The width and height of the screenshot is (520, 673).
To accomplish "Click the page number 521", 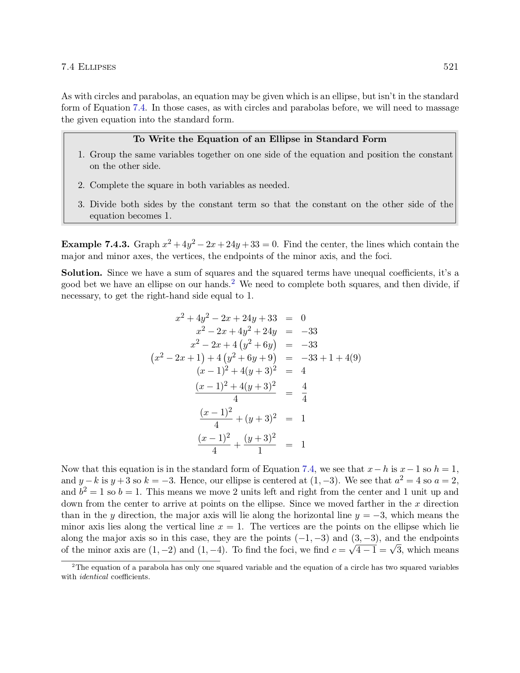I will click(x=451, y=67).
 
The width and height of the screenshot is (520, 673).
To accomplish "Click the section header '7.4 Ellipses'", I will click(x=89, y=67).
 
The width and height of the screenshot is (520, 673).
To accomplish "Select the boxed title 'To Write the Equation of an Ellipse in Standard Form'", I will click(x=260, y=139).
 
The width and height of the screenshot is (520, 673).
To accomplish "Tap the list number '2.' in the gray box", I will click(x=81, y=186).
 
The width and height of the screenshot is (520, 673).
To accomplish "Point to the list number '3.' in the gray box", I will click(x=81, y=205).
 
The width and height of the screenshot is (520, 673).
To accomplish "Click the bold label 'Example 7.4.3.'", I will click(x=95, y=244).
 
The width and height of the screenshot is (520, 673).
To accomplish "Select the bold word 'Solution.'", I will click(x=82, y=273).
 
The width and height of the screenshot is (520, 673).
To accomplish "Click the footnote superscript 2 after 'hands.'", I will click(x=233, y=282).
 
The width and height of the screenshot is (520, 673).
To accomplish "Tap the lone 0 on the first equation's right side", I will click(x=303, y=318).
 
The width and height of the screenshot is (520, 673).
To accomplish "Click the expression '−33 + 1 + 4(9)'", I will click(x=331, y=358).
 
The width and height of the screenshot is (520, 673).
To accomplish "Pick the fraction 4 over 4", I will click(x=304, y=392).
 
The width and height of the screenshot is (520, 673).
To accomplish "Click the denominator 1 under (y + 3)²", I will click(x=260, y=451).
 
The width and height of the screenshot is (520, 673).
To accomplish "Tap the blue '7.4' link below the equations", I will click(x=308, y=469).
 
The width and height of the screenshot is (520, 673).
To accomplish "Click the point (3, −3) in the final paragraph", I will click(x=365, y=538).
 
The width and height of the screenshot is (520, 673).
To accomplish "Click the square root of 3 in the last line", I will click(x=396, y=550).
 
